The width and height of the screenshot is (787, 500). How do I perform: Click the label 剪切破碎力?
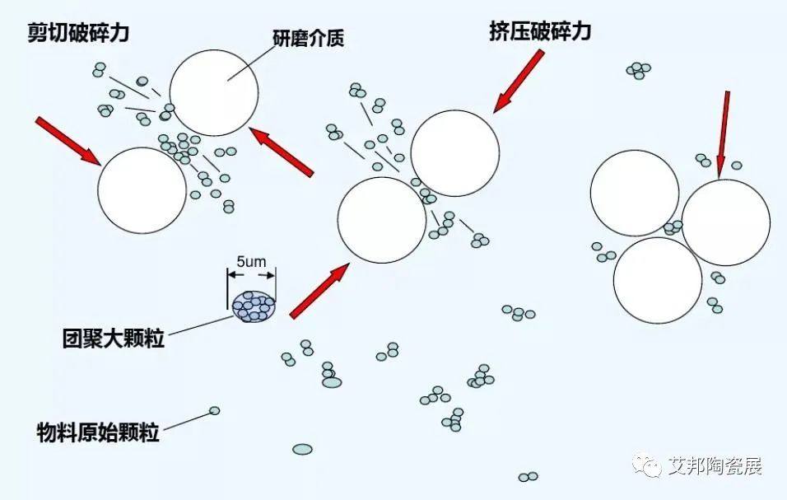tap(78, 33)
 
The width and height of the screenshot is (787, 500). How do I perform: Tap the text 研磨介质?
tap(308, 38)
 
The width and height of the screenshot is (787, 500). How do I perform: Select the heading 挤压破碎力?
tap(540, 31)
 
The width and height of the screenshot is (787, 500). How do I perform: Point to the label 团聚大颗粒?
tap(114, 339)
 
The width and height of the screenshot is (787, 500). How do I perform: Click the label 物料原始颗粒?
tap(98, 432)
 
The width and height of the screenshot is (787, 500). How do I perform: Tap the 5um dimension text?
tap(251, 262)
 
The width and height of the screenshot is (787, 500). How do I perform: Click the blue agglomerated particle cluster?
tap(254, 306)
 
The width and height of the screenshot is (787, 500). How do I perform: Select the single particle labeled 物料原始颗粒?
tap(214, 411)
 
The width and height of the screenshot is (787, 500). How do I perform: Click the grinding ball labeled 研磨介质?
tap(214, 93)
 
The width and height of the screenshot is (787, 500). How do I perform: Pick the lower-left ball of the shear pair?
tap(142, 190)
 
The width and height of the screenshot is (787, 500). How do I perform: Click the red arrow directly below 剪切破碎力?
tap(69, 141)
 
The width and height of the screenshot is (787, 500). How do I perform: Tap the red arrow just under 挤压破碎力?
tap(519, 81)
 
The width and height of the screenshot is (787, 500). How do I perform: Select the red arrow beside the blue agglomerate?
tap(319, 291)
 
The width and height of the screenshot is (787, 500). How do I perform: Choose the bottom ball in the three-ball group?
tap(658, 280)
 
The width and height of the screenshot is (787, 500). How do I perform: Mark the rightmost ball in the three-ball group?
tap(726, 222)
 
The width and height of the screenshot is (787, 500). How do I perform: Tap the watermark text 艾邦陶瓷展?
tap(715, 466)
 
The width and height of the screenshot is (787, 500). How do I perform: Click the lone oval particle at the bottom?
tap(302, 449)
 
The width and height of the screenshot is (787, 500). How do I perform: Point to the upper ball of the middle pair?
tap(455, 153)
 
